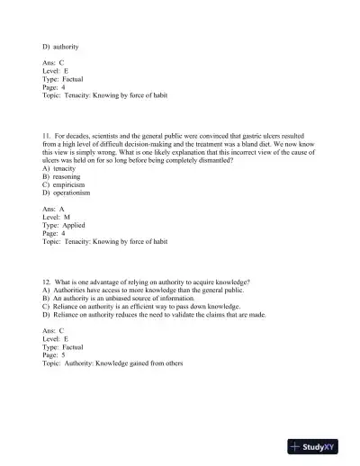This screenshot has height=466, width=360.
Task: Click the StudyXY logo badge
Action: click(319, 445)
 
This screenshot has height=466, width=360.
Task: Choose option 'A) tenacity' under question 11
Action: click(59, 168)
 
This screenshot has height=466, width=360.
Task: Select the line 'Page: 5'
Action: click(53, 355)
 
